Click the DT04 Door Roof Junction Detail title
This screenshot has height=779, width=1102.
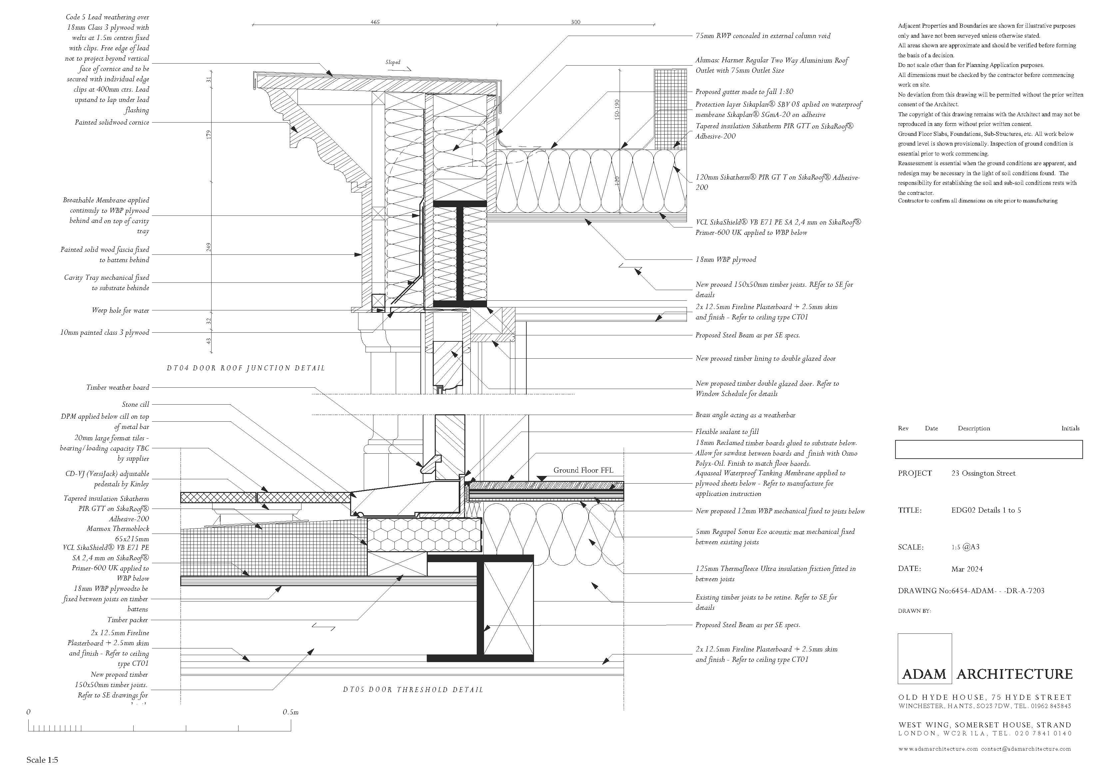pyautogui.click(x=246, y=368)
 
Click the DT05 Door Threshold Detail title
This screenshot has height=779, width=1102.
pyautogui.click(x=413, y=689)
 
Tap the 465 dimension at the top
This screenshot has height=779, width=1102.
pyautogui.click(x=375, y=22)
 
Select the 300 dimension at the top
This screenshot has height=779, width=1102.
pyautogui.click(x=575, y=22)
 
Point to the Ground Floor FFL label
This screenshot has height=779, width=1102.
pyautogui.click(x=583, y=470)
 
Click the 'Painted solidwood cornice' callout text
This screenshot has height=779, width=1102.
pyautogui.click(x=112, y=122)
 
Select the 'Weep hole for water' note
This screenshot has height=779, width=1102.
pyautogui.click(x=121, y=310)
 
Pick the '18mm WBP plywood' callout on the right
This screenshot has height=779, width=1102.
pyautogui.click(x=726, y=260)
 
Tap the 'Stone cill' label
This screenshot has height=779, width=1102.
pyautogui.click(x=135, y=405)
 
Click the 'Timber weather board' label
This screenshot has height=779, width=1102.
pyautogui.click(x=118, y=387)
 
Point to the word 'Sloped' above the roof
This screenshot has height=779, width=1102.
pyautogui.click(x=393, y=62)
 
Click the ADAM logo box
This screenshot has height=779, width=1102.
pyautogui.click(x=924, y=658)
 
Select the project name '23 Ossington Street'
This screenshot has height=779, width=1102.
pyautogui.click(x=983, y=473)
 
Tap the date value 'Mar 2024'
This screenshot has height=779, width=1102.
pyautogui.click(x=967, y=569)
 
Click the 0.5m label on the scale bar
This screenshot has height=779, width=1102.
pyautogui.click(x=290, y=712)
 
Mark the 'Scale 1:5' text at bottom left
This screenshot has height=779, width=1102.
pyautogui.click(x=42, y=760)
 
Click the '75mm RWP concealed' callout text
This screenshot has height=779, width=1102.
pyautogui.click(x=763, y=36)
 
